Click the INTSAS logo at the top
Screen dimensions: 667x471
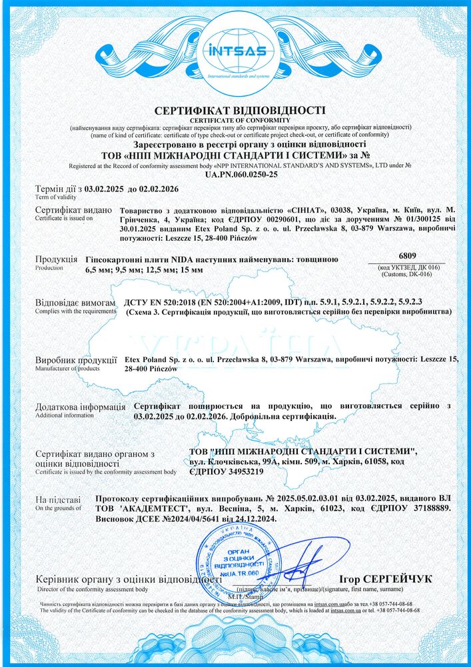tap(235, 52)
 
